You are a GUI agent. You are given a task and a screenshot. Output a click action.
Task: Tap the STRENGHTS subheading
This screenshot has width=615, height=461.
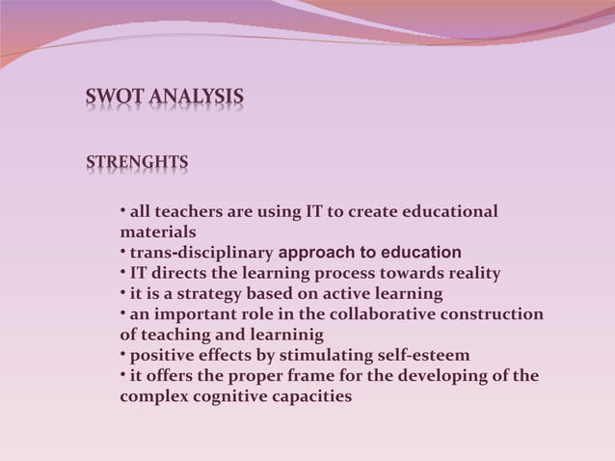(137, 162)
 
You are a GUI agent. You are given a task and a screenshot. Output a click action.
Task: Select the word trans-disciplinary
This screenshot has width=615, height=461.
(201, 254)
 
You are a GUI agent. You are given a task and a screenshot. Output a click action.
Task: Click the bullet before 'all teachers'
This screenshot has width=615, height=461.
(123, 209)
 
